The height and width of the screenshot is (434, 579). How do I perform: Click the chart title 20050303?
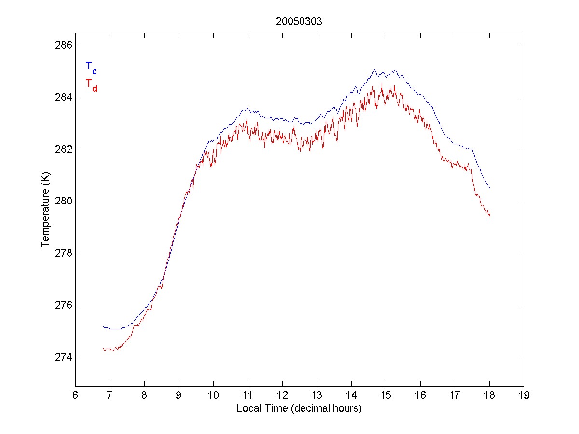click(299, 22)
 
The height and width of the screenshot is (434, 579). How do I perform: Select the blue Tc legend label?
click(91, 67)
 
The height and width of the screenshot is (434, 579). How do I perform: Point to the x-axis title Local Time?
click(299, 408)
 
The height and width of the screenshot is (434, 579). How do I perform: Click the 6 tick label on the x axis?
click(75, 395)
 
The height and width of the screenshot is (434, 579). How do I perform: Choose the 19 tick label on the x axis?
click(524, 395)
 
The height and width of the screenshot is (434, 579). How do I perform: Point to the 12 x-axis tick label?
click(282, 395)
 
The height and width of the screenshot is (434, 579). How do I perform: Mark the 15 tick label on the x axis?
click(386, 395)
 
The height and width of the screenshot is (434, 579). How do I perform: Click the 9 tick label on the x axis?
click(179, 395)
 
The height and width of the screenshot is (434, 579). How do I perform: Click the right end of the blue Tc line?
click(490, 188)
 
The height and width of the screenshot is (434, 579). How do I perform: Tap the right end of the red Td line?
click(490, 217)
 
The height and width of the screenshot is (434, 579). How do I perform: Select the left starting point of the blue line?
click(103, 326)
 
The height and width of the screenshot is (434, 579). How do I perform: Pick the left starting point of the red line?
click(103, 349)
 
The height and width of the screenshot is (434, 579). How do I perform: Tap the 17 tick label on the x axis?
click(455, 395)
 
